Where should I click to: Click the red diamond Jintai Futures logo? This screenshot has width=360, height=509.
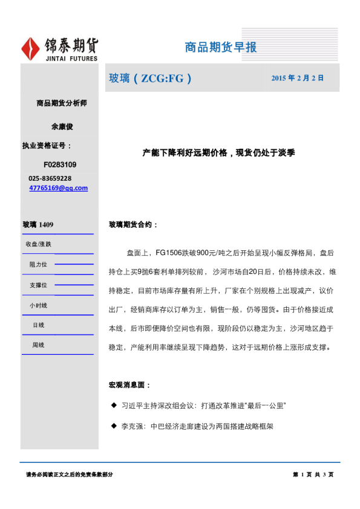click(x=31, y=48)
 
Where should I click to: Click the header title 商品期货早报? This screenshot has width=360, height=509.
click(x=221, y=47)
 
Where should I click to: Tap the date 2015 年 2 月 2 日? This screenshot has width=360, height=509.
click(x=297, y=78)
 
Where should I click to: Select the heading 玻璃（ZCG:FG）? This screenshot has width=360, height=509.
click(x=150, y=78)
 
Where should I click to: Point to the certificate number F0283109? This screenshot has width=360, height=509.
click(x=60, y=164)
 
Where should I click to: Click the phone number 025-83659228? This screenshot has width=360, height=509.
click(x=50, y=178)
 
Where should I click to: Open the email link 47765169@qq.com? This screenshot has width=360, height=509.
click(x=58, y=188)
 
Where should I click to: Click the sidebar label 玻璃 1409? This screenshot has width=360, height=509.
click(x=38, y=225)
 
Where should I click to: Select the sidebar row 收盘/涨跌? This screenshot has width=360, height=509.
click(x=38, y=244)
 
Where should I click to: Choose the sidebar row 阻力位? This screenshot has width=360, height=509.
click(x=38, y=264)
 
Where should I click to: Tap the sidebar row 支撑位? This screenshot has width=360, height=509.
click(x=38, y=285)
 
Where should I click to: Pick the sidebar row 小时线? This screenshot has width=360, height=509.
click(x=38, y=305)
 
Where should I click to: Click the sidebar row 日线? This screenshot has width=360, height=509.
click(x=38, y=325)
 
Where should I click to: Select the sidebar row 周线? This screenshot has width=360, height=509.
click(x=38, y=345)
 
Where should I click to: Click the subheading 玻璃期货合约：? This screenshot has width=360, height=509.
click(x=133, y=224)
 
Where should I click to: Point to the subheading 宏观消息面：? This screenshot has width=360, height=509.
click(x=129, y=385)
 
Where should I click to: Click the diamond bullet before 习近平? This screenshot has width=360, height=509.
click(x=113, y=404)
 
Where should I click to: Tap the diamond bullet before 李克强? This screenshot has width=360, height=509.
click(x=113, y=426)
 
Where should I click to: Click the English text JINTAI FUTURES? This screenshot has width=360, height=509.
click(x=71, y=59)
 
